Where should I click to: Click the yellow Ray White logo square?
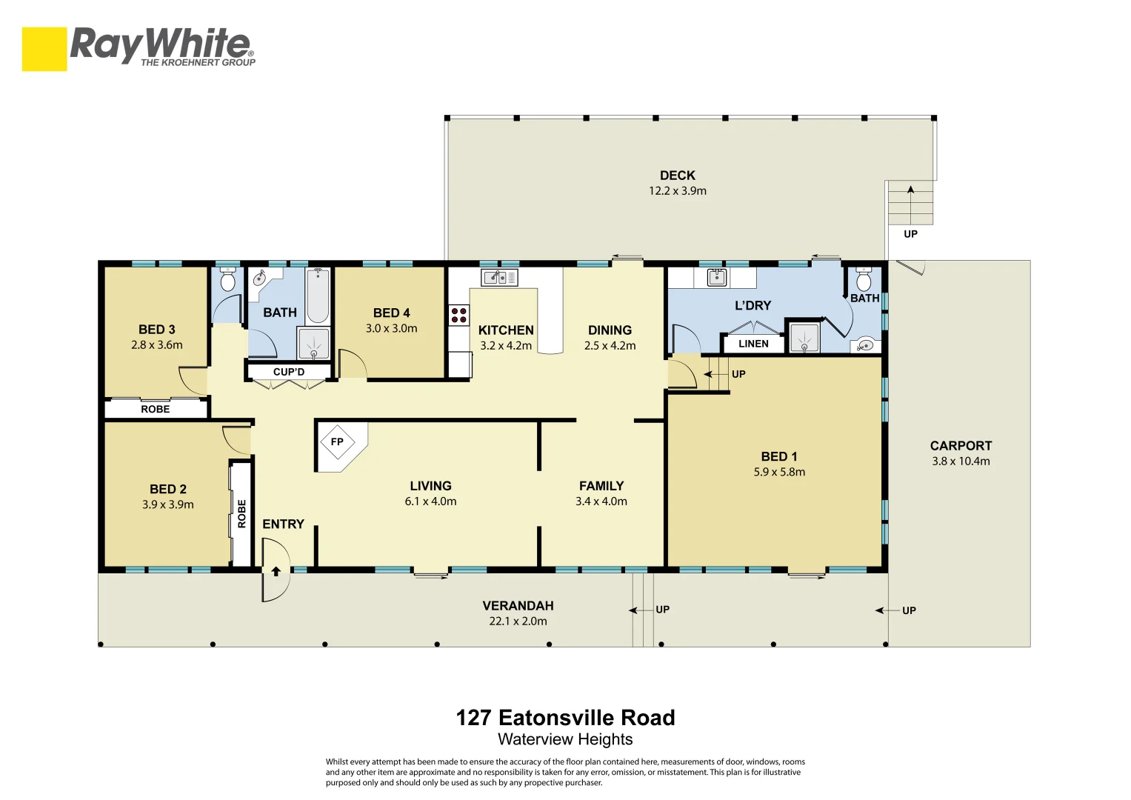point(44,49)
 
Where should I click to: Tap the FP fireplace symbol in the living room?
point(337,442)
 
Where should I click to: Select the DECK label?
point(677,176)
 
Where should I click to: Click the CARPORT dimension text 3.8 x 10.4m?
point(961,461)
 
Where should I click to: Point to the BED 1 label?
point(778,457)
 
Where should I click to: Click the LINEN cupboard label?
point(753,344)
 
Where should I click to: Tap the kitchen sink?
point(499,278)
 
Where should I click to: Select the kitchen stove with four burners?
point(459,315)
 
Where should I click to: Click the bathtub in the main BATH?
point(318,296)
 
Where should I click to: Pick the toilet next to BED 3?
point(227,280)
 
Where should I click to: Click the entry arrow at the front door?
point(276,571)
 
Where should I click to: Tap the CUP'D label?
point(289,372)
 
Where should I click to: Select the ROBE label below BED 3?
point(156,410)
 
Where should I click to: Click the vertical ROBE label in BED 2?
point(241,513)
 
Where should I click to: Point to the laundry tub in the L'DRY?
point(716,278)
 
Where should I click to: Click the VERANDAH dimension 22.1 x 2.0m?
point(518,621)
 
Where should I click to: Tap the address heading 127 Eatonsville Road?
point(565,718)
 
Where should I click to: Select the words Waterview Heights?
point(565,739)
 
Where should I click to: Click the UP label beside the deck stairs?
point(910,234)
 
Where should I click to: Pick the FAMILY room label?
point(601,486)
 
